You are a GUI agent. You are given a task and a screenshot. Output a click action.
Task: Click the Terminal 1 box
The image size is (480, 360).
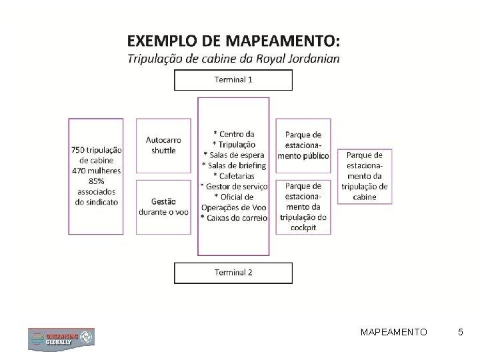click(x=233, y=79)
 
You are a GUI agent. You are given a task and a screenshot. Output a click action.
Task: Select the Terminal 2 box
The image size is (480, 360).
click(x=233, y=272)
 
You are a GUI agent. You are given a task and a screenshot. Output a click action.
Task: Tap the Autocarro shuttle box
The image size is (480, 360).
click(x=163, y=145)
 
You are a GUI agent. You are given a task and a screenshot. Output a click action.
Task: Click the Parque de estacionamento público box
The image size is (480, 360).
click(x=303, y=145)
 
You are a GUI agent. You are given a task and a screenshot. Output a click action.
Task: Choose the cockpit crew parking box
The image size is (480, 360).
click(x=303, y=205)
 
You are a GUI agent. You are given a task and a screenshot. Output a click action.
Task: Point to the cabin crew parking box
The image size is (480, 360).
click(x=365, y=175)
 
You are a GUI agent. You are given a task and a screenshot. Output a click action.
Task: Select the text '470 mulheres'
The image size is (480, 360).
click(x=96, y=171)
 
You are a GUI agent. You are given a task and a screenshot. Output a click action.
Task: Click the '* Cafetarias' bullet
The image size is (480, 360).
click(x=233, y=175)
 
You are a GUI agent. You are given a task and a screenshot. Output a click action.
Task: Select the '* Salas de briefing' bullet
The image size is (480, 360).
click(x=233, y=165)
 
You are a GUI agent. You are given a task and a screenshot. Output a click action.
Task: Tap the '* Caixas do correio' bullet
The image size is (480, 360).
click(x=233, y=217)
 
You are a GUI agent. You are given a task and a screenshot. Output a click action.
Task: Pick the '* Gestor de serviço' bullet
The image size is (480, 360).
click(x=233, y=186)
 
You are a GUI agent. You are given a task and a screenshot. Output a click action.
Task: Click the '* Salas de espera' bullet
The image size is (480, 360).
click(x=233, y=155)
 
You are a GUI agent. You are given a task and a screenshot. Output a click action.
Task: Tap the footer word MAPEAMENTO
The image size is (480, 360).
click(x=394, y=331)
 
